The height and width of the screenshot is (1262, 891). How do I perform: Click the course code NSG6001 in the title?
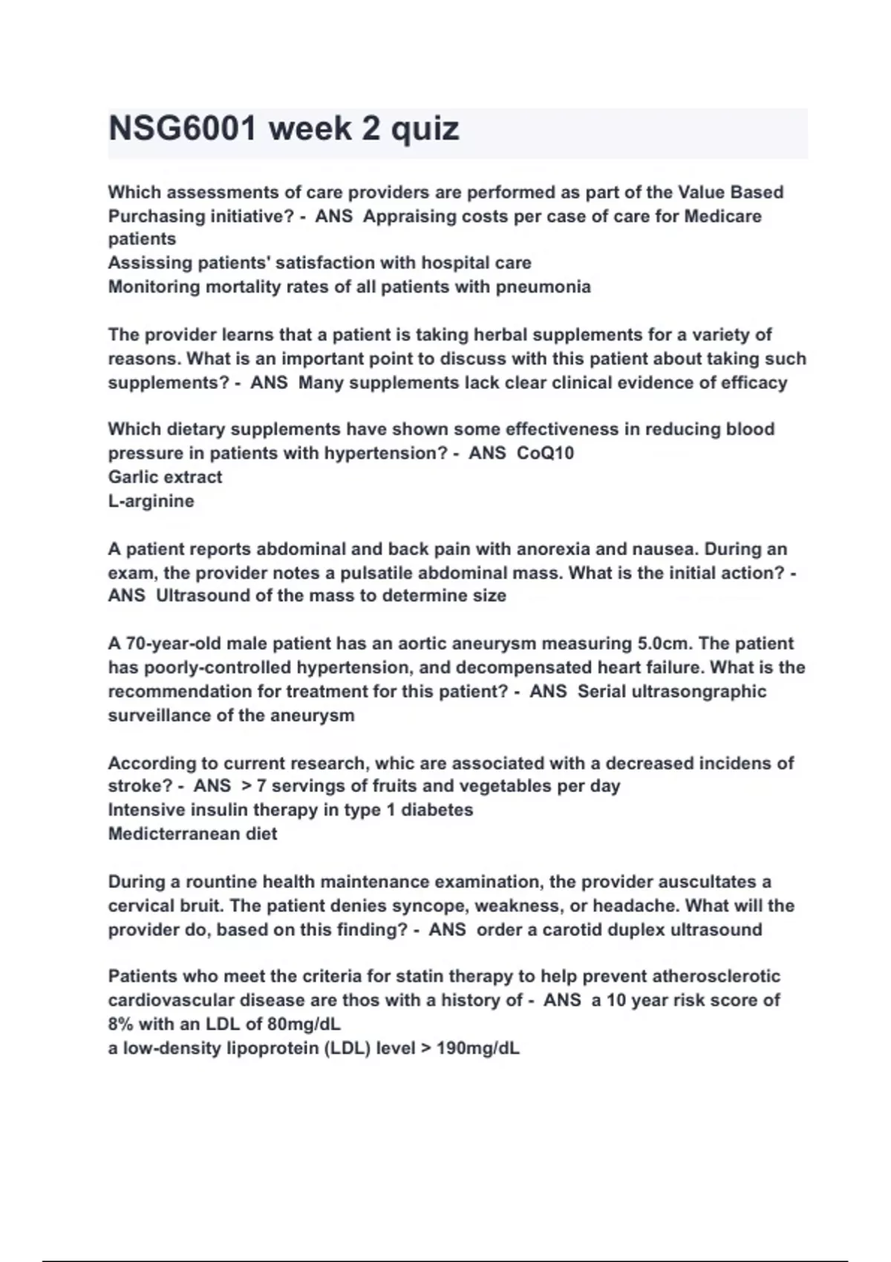click(x=183, y=129)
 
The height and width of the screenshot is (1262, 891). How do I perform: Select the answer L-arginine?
click(x=151, y=501)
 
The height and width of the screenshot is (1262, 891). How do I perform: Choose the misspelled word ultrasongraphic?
click(x=672, y=691)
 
